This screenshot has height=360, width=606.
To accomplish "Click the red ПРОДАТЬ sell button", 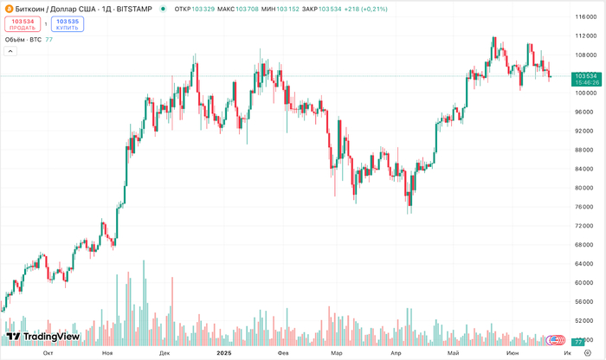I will pos(22,23).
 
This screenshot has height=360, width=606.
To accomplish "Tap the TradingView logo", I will pos(42,337).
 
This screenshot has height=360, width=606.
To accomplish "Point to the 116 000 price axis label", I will pos(585,16).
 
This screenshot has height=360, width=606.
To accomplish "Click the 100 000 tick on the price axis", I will pos(585,93).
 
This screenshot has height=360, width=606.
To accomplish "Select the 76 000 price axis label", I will pos(585,207).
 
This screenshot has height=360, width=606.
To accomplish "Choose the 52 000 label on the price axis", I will pos(585,321).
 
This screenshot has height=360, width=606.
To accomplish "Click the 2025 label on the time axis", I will pos(223,353).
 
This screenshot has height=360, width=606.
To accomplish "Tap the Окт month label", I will pos(48,353).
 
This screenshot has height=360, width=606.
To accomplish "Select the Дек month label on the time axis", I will pos(164,353).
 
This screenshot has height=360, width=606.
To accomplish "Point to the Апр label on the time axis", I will pos(396,353).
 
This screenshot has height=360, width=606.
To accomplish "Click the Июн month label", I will pos(513,353).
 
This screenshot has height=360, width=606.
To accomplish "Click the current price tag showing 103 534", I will pos(586,76).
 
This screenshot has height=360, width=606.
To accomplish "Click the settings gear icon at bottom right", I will pos(587,353).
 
